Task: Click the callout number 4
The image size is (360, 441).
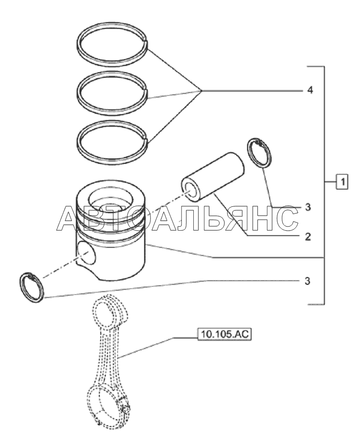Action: [x=309, y=90]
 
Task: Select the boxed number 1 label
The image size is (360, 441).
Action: [x=342, y=182]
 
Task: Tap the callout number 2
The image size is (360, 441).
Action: [x=308, y=237]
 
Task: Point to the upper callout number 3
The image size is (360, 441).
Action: [x=308, y=207]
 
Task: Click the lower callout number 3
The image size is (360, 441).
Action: [x=307, y=281]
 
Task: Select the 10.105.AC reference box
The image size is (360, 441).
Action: [x=224, y=334]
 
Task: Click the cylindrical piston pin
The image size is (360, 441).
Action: [x=212, y=177]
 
